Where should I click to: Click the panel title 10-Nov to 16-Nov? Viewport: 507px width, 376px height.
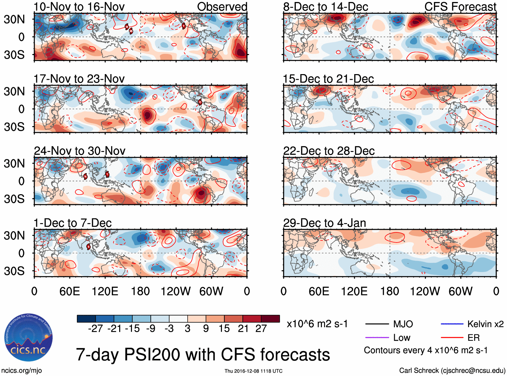coord(79,7)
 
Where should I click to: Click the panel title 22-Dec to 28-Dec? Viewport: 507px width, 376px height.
coord(329,151)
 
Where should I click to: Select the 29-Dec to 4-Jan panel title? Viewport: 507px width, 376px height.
coord(324,223)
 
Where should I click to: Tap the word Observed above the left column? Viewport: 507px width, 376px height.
coord(222,7)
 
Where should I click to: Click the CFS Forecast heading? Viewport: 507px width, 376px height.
coord(460,7)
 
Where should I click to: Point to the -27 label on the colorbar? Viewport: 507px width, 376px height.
coord(95,328)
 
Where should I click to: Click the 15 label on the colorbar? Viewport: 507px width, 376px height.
coord(224,328)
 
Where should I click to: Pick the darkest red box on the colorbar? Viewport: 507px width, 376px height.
coord(270,319)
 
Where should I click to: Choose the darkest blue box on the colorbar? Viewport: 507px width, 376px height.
coord(86,319)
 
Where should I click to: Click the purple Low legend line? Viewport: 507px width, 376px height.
coord(377,337)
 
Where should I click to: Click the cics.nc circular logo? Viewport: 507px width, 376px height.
coord(29,338)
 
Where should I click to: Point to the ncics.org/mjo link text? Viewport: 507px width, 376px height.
coord(21,371)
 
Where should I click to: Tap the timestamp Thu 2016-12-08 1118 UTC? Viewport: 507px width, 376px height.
coord(253,371)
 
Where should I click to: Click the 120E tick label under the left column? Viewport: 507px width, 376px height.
coord(105,291)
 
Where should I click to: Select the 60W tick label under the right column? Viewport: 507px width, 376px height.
coord(461,291)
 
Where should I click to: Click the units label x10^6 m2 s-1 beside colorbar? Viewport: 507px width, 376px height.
coord(317,324)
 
